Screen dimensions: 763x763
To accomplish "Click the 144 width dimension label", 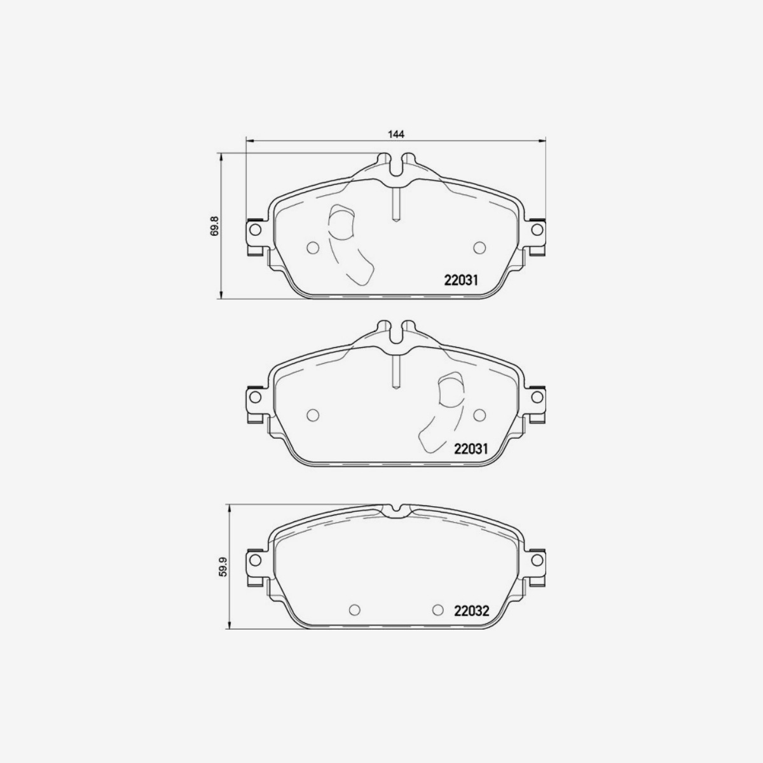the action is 396,134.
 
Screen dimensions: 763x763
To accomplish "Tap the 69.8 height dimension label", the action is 215,226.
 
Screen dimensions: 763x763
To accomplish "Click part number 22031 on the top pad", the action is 461,280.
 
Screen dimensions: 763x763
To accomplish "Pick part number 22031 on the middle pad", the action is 471,449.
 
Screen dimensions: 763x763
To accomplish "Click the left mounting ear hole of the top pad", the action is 256,230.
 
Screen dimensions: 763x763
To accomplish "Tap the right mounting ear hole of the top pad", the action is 537,230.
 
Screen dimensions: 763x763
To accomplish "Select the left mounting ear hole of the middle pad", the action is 256,397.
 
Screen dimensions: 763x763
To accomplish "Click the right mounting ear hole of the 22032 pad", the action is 537,560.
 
